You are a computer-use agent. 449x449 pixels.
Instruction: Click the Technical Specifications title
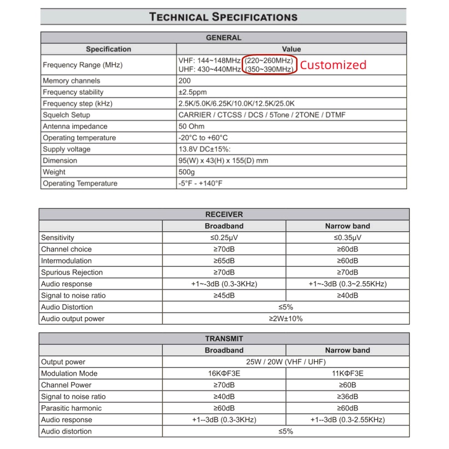click(224, 16)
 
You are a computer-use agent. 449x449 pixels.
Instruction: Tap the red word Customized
click(333, 65)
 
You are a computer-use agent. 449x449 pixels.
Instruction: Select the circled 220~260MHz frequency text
click(269, 60)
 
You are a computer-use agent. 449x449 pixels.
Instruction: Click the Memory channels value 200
click(184, 81)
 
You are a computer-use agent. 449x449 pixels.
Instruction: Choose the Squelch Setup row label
click(66, 115)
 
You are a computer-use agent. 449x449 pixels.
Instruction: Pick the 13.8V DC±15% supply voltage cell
click(205, 149)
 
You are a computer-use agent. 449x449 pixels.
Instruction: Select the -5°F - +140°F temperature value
click(200, 184)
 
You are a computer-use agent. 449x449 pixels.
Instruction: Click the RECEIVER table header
click(224, 214)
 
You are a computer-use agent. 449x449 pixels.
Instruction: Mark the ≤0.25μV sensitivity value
click(224, 238)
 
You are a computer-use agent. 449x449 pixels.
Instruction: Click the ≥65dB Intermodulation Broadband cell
click(224, 261)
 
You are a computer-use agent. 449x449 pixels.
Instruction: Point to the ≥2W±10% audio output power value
click(285, 319)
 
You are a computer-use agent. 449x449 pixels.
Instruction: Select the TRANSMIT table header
click(224, 339)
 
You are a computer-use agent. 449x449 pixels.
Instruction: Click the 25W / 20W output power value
click(285, 362)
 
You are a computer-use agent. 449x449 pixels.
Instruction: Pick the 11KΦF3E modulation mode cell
click(347, 374)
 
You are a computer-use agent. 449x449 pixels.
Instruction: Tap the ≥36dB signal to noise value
click(347, 396)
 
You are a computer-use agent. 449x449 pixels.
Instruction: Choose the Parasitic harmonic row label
click(71, 409)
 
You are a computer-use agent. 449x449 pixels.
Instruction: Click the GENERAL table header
click(223, 38)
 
